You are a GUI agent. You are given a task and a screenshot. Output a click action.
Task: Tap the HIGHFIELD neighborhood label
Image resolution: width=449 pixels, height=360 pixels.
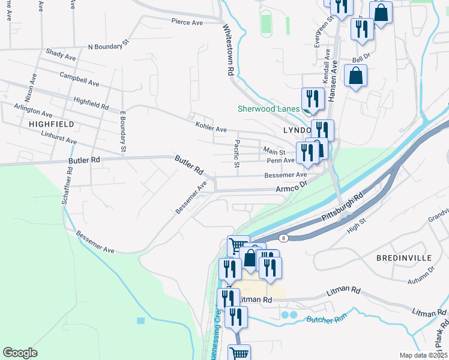tap(51, 124)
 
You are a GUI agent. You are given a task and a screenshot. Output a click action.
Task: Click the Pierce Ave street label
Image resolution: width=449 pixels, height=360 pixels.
tap(187, 22)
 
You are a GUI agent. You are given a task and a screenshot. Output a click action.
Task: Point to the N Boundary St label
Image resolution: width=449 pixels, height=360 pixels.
tap(109, 45)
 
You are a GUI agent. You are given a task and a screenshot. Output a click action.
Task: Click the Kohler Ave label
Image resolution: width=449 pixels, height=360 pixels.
tap(211, 128)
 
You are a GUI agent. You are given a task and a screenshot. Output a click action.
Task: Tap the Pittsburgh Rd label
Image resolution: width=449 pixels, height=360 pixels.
tap(342, 206)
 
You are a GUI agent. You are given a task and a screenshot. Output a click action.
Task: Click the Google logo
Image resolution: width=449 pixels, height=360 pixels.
tap(20, 353)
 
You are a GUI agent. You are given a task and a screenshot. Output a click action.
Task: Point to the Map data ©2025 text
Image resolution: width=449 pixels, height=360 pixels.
tap(423, 355)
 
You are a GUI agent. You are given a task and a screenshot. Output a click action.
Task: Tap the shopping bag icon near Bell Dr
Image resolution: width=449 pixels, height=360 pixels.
tap(356, 77)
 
